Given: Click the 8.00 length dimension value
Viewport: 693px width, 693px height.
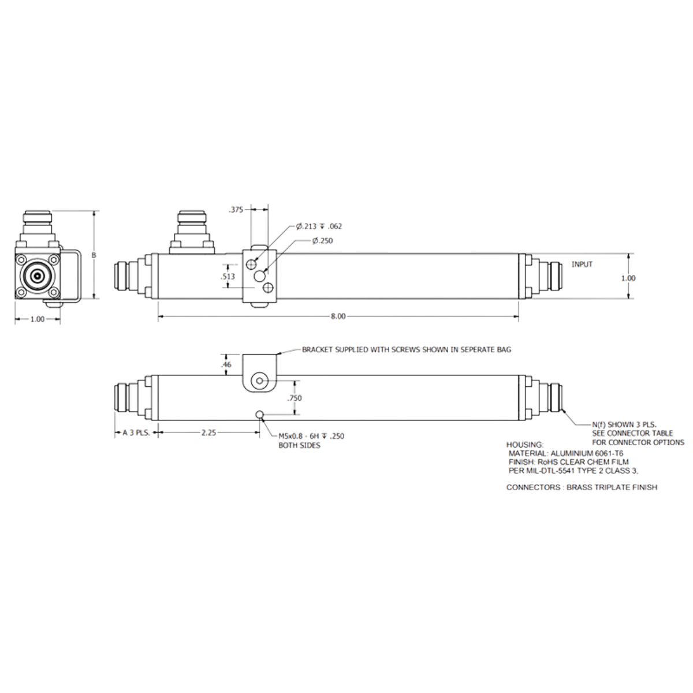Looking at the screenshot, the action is [338, 316].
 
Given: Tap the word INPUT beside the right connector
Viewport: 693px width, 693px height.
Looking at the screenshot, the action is [582, 264].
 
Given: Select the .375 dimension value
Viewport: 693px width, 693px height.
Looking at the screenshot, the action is [236, 210].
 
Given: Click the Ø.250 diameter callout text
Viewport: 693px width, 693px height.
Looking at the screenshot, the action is [323, 241].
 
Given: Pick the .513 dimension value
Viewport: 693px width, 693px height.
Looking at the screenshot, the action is [228, 276].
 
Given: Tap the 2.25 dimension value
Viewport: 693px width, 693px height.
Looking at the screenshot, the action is [208, 433].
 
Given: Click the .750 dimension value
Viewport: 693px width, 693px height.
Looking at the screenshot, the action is [294, 398].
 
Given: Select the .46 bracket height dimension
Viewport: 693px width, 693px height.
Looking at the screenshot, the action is [226, 364].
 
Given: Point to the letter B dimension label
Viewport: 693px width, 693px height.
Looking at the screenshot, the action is [94, 255].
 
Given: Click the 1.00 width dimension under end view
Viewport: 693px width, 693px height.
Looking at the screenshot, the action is [38, 319].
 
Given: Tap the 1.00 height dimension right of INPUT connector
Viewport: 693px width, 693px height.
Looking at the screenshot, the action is [628, 278].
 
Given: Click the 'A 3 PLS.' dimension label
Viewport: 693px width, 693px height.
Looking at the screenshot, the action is [136, 433].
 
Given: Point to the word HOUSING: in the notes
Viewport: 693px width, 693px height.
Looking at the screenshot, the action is [525, 445].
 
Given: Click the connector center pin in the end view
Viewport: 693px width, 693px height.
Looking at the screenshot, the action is [37, 276].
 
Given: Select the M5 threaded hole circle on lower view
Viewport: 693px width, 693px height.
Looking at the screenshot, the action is [260, 415].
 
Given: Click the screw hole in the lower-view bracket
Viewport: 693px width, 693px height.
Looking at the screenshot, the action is [260, 381].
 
